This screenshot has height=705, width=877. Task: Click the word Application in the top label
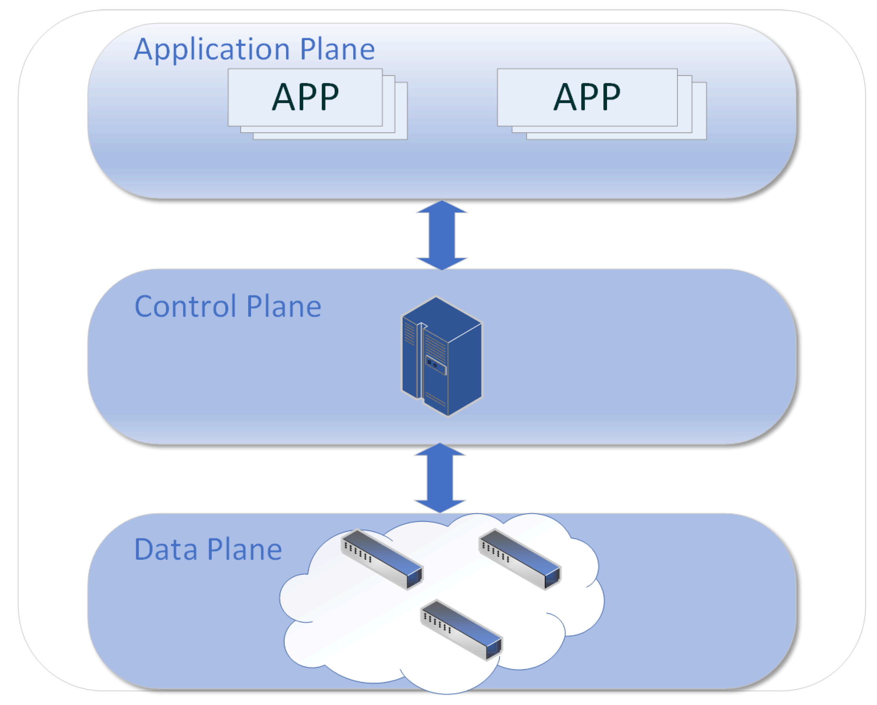click(x=212, y=50)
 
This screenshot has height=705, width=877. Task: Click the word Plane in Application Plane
click(x=337, y=50)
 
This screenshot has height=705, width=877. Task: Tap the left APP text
click(x=305, y=97)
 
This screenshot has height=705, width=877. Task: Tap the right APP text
click(x=587, y=97)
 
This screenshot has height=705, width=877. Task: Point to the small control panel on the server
click(x=436, y=364)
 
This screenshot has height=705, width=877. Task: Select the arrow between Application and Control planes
click(x=442, y=235)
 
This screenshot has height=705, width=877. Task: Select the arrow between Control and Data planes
click(x=440, y=478)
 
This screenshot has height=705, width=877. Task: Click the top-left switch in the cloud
click(x=382, y=559)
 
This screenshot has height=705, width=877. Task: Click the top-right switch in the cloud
click(x=520, y=559)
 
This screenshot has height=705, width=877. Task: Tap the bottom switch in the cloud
click(x=461, y=630)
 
